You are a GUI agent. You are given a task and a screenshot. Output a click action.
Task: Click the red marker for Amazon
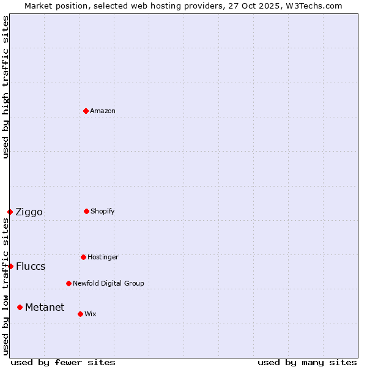click(86, 111)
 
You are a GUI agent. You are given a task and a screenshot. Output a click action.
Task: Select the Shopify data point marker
click(86, 211)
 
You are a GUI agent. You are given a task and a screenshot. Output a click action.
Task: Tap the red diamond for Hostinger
click(83, 257)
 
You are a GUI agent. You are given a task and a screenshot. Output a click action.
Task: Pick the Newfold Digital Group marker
click(69, 283)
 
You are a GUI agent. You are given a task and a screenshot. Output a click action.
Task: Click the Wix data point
click(80, 314)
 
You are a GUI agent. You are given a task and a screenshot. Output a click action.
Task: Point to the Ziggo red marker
click(10, 212)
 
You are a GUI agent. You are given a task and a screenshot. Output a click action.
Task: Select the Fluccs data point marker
click(10, 266)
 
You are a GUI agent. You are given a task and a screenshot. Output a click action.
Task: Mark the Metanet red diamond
click(20, 307)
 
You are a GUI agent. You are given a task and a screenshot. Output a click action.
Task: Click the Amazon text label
click(103, 111)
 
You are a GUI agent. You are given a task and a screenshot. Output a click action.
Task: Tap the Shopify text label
click(103, 211)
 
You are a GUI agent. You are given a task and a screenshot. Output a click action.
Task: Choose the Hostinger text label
click(103, 257)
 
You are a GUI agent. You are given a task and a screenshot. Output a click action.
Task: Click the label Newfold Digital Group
click(108, 283)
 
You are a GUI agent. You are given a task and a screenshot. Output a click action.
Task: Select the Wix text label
click(91, 314)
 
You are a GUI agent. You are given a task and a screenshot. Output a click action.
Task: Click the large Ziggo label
click(29, 212)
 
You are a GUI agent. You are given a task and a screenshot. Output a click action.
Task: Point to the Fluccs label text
click(31, 267)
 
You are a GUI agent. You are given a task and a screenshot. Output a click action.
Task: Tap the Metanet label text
click(45, 307)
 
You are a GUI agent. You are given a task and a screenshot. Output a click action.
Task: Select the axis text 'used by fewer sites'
click(63, 362)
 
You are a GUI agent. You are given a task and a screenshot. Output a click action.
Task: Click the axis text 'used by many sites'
click(307, 362)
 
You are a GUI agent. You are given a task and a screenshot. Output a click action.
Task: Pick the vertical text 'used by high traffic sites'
click(6, 87)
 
